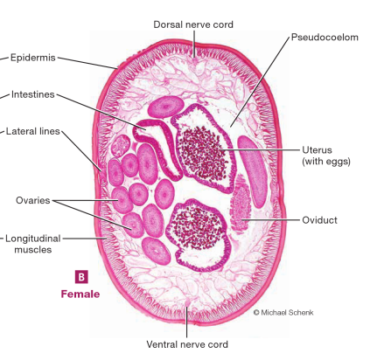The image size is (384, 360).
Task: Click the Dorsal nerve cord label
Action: (x=193, y=24)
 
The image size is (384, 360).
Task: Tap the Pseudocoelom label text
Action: (x=325, y=38)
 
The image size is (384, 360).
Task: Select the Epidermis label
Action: (x=33, y=58)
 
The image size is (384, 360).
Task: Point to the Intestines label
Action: (x=33, y=94)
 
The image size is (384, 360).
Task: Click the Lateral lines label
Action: (x=33, y=131)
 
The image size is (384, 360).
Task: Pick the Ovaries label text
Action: (x=33, y=200)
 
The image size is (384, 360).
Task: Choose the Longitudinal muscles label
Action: (x=33, y=244)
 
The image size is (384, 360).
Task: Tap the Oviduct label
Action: (x=319, y=220)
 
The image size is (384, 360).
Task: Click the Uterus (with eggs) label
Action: (x=326, y=156)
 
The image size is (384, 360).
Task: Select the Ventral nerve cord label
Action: (x=187, y=344)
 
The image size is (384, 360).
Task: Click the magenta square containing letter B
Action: (x=81, y=277)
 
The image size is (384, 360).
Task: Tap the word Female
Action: (x=80, y=294)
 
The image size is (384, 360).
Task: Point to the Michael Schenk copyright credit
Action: (x=283, y=313)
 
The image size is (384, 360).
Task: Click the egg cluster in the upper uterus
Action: (x=203, y=154)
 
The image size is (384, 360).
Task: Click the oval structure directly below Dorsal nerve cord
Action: (x=166, y=107)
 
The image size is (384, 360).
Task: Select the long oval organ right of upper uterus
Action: (x=253, y=171)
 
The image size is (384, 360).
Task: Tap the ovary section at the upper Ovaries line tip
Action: (x=122, y=200)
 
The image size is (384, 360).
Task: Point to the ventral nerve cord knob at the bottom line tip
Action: (x=187, y=303)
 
